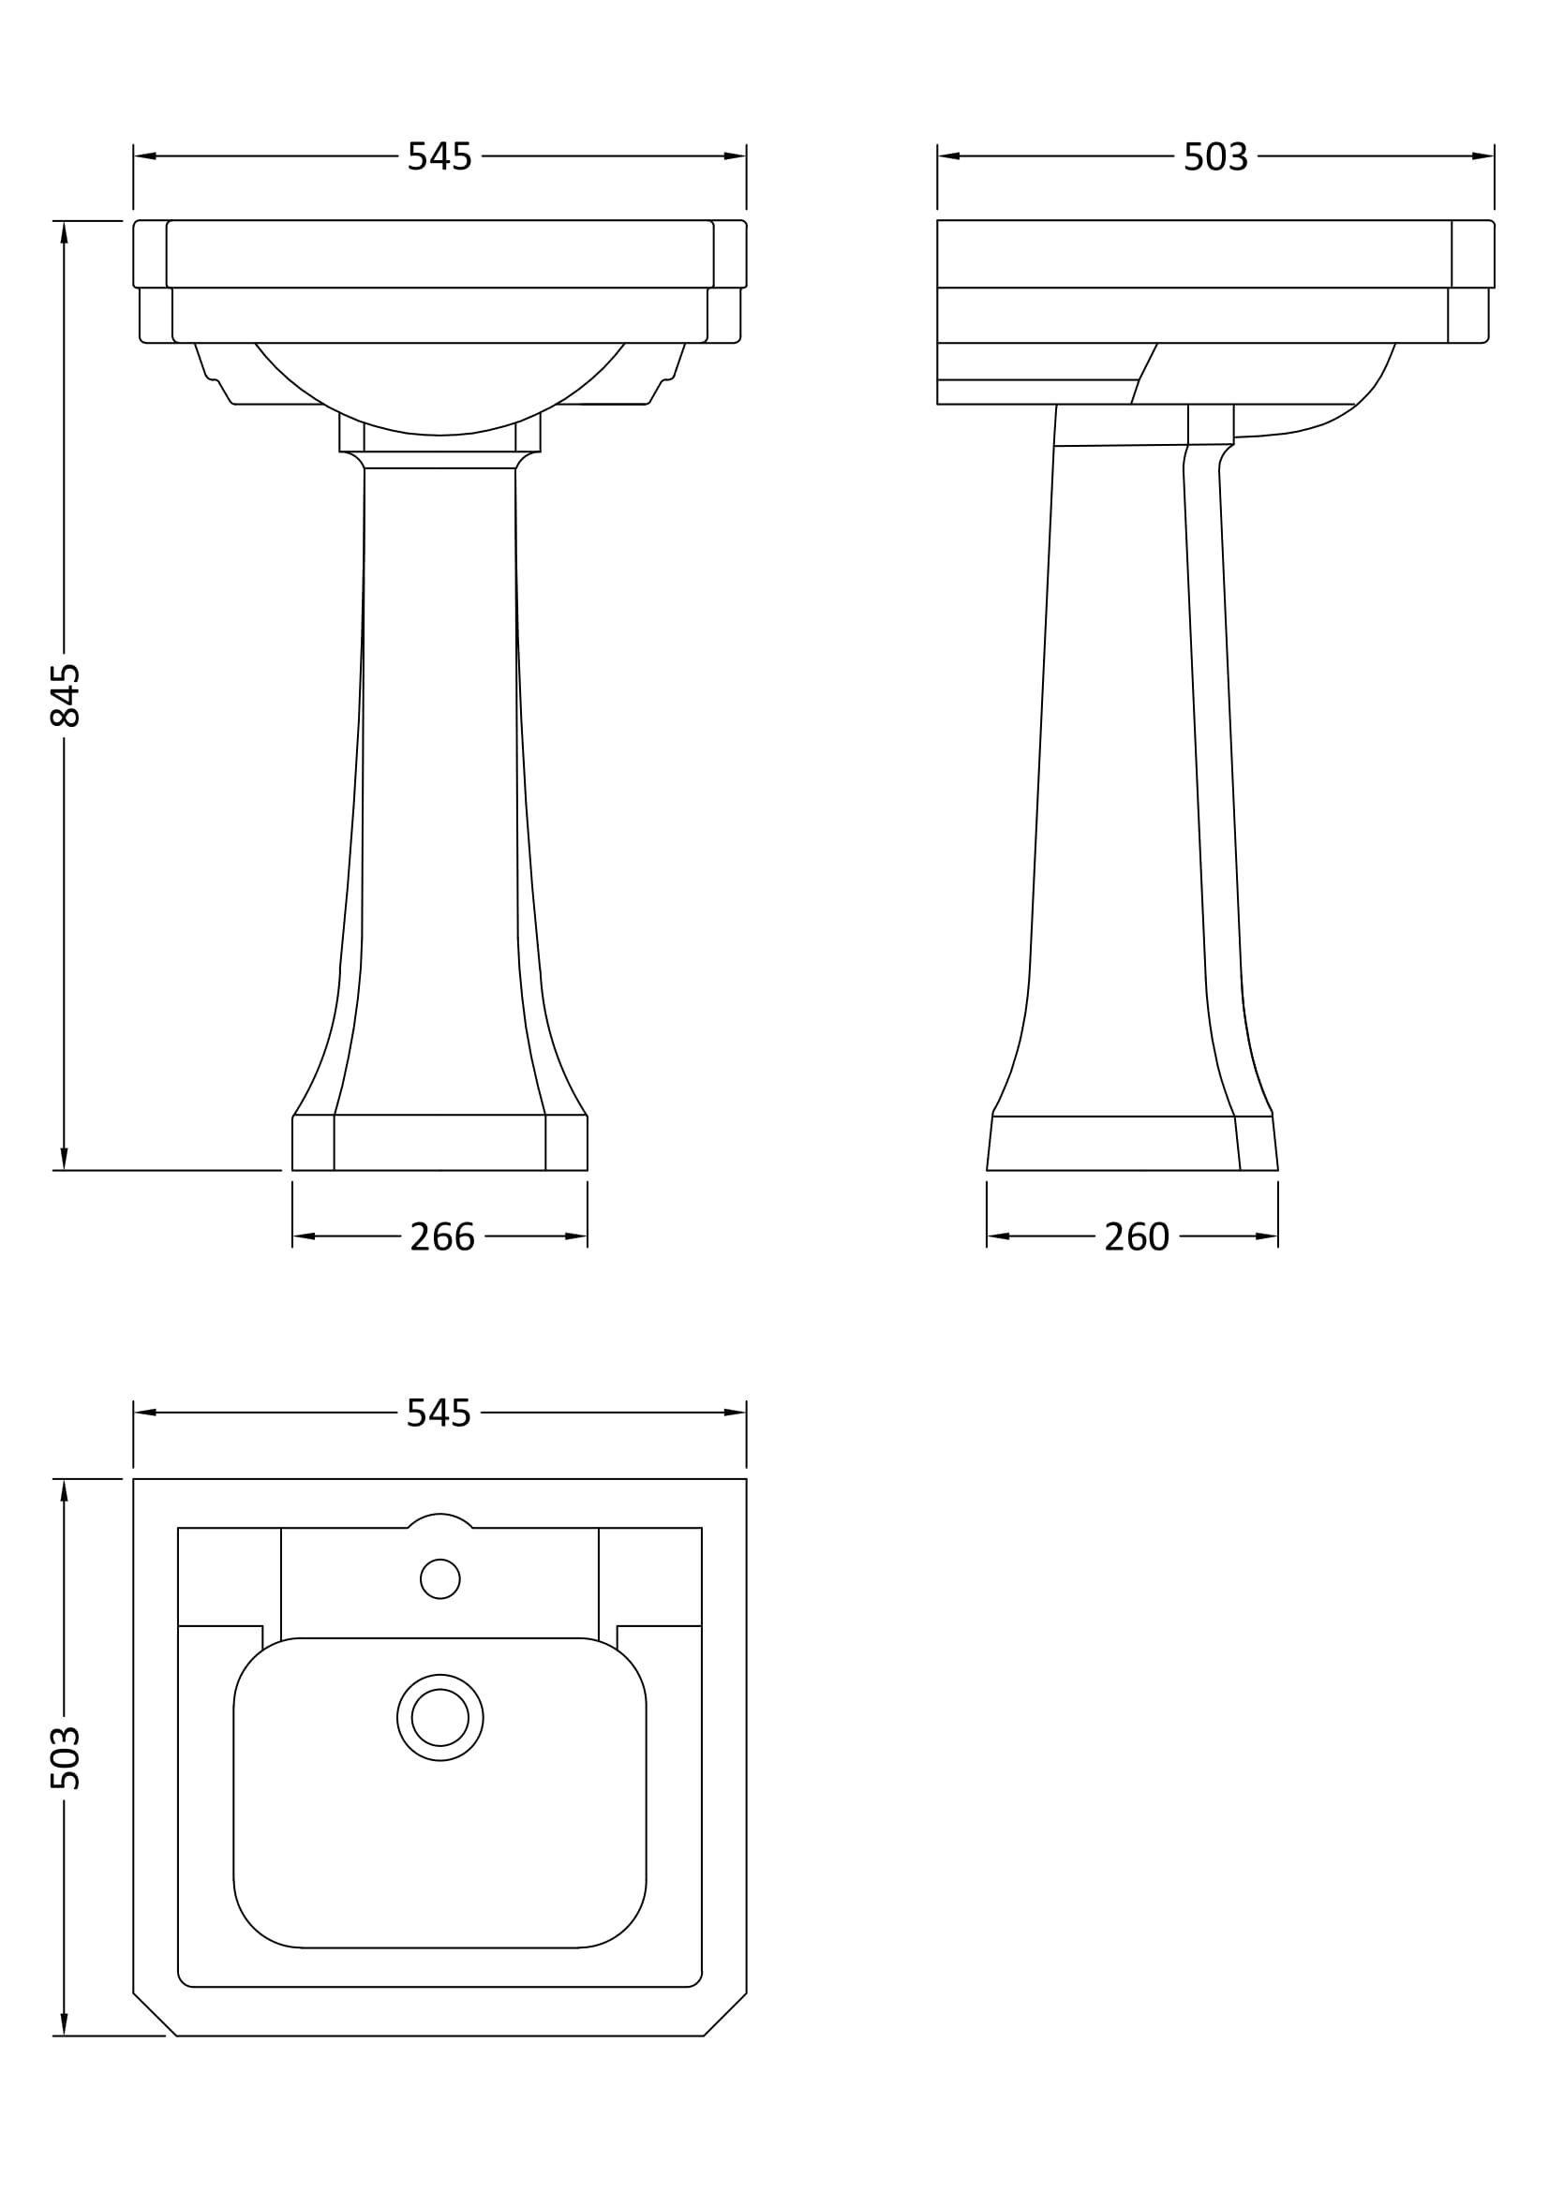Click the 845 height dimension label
point(65,695)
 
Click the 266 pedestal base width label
point(442,1236)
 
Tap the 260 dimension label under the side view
point(1137,1236)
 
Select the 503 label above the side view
point(1215,156)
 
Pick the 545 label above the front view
point(440,156)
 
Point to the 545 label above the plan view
point(439,1414)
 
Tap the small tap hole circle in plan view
point(440,1579)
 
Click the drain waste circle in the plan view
point(440,1718)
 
